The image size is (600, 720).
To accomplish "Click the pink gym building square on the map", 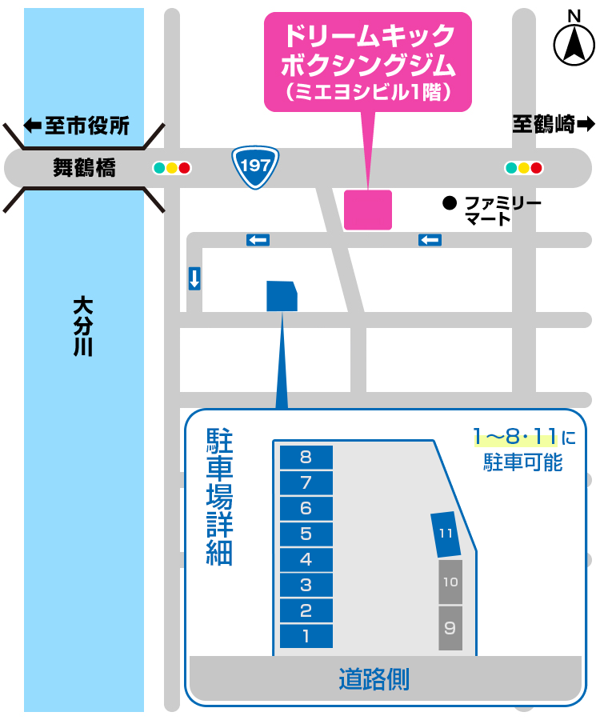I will click(368, 210).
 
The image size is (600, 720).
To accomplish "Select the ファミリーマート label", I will click(503, 210).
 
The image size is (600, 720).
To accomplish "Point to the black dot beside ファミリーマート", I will click(450, 203).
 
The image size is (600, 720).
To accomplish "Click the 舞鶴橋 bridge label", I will click(84, 168).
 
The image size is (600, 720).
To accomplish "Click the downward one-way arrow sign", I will click(194, 278).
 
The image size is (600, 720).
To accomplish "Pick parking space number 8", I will click(306, 458).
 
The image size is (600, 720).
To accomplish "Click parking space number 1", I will click(306, 637).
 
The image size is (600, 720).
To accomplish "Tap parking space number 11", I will click(446, 534).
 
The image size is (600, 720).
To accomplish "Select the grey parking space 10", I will click(450, 582).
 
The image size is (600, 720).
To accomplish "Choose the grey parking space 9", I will click(450, 627).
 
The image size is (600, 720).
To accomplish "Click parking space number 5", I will click(306, 534).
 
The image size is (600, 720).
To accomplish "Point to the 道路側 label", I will click(374, 679).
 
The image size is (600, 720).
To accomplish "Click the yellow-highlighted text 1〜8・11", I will click(514, 437).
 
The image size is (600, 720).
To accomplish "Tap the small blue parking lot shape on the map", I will click(282, 296).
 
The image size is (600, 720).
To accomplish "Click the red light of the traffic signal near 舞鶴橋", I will click(185, 168).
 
